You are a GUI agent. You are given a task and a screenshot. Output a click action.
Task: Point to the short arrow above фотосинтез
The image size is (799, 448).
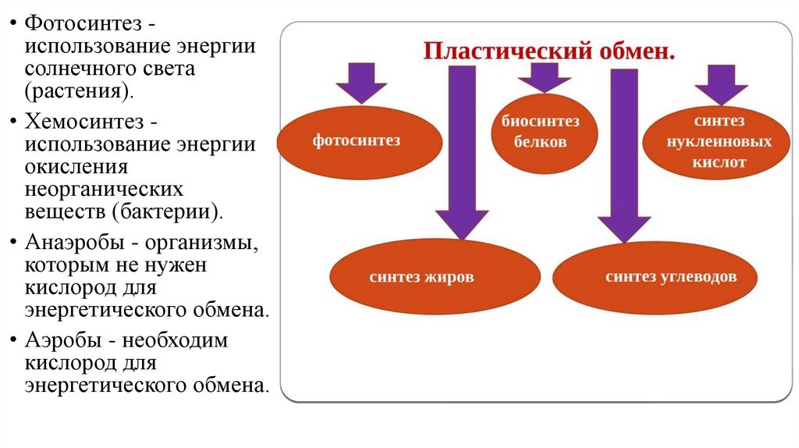(360, 83)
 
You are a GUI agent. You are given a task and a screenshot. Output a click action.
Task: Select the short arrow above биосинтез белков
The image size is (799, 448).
(544, 77)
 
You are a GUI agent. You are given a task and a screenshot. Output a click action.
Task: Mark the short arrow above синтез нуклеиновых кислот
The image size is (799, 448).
(721, 83)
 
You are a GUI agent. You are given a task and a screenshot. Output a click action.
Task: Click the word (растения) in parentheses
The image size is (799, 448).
(78, 92)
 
